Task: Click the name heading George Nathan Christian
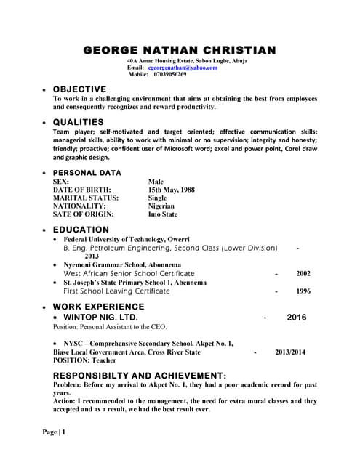(180, 50)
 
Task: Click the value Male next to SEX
(156, 182)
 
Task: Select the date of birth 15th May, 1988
(172, 190)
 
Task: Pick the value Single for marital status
(157, 198)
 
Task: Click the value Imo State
(162, 214)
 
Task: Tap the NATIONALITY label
(79, 206)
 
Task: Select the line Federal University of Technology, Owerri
(127, 239)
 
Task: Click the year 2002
(303, 274)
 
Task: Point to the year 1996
(303, 291)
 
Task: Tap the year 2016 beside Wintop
(297, 318)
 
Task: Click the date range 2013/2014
(290, 352)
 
